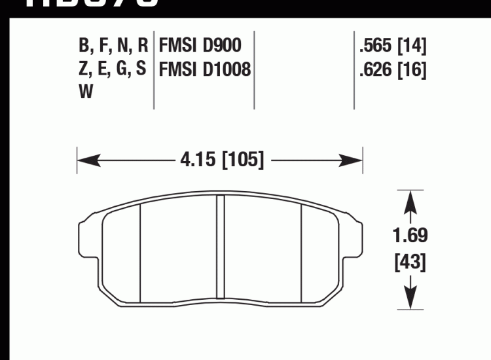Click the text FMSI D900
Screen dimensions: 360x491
coord(200,46)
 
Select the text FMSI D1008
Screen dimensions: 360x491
coord(204,69)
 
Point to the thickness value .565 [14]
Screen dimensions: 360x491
coord(392,46)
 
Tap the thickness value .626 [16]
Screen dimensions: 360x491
coord(392,69)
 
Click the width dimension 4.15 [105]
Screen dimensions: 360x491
coord(220,159)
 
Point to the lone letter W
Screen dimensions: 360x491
coord(86,92)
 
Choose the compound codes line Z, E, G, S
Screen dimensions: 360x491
coord(112,69)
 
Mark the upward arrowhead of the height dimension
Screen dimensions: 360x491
coord(410,200)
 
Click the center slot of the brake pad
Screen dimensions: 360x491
coord(221,249)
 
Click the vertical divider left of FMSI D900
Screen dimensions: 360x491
coord(153,69)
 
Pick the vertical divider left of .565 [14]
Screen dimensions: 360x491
coord(354,69)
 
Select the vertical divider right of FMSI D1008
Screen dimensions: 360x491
coord(254,69)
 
